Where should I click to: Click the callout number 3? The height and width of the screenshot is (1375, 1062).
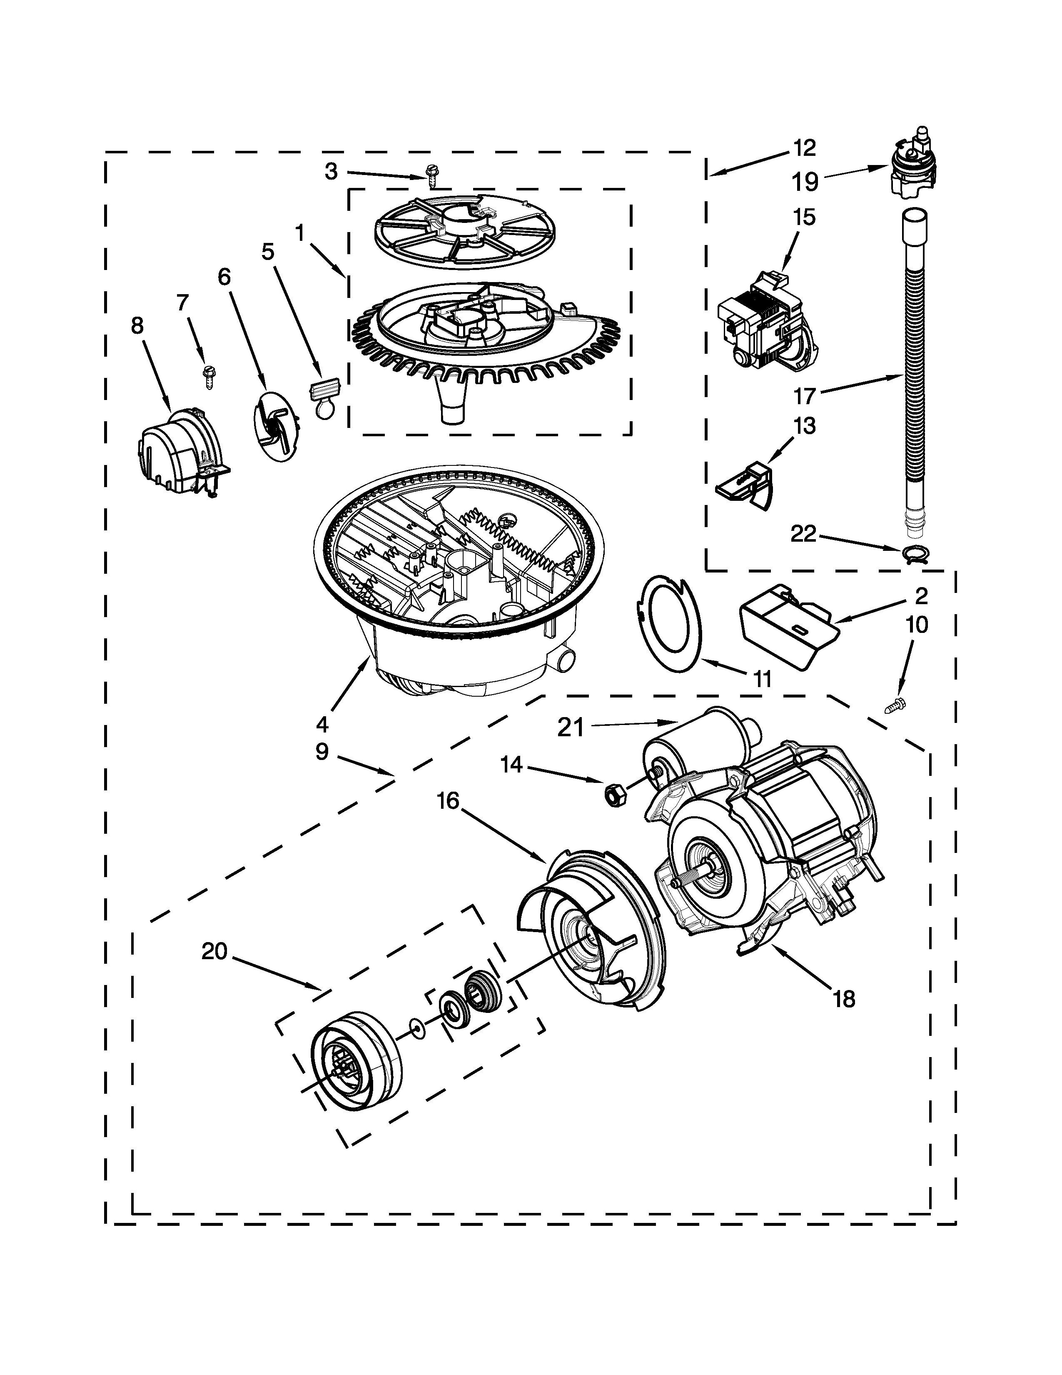tap(332, 171)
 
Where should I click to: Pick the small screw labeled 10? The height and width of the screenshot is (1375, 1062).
tap(896, 706)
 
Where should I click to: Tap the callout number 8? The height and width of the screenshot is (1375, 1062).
tap(137, 325)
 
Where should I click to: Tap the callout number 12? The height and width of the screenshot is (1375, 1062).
tap(803, 148)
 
